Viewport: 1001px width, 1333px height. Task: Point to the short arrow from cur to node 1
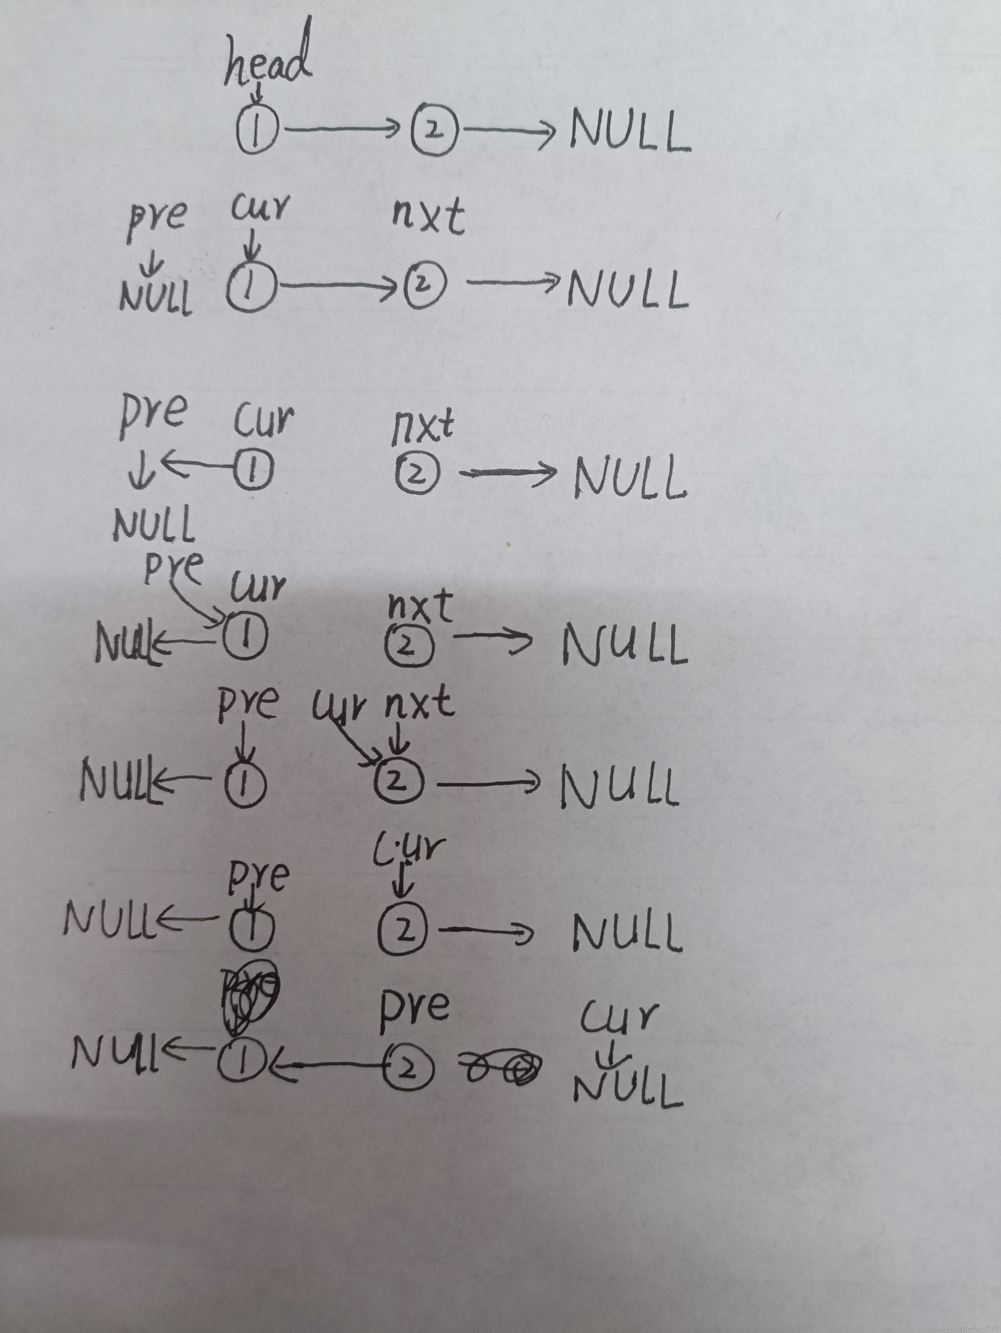(252, 246)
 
